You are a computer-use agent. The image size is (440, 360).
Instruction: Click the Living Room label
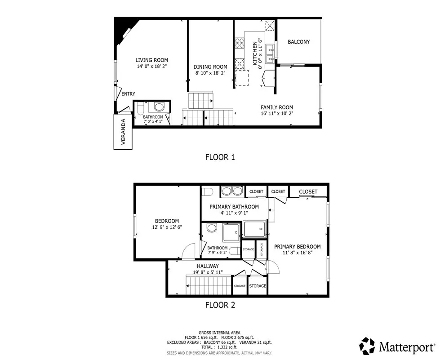click(x=152, y=60)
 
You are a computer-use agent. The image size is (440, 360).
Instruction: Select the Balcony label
click(x=298, y=42)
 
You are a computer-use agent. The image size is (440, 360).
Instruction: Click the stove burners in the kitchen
click(x=239, y=43)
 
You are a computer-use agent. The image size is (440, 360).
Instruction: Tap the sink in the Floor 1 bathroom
click(x=159, y=107)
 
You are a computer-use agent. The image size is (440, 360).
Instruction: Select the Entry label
click(x=128, y=94)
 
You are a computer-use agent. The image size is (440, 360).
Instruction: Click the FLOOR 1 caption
click(x=220, y=157)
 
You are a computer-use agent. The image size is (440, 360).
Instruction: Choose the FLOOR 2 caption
click(x=220, y=305)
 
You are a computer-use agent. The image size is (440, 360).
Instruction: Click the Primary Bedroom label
click(x=297, y=247)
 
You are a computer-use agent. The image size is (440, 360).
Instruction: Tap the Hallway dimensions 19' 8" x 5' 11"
click(x=198, y=272)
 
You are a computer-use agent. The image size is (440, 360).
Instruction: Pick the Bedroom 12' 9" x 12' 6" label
click(x=167, y=227)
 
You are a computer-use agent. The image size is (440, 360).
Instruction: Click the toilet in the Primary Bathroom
click(x=207, y=191)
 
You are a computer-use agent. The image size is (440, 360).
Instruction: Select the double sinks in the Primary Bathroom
click(x=232, y=191)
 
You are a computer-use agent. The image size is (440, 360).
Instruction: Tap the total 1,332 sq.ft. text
click(x=220, y=347)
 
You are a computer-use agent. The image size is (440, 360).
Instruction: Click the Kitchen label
click(x=254, y=54)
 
